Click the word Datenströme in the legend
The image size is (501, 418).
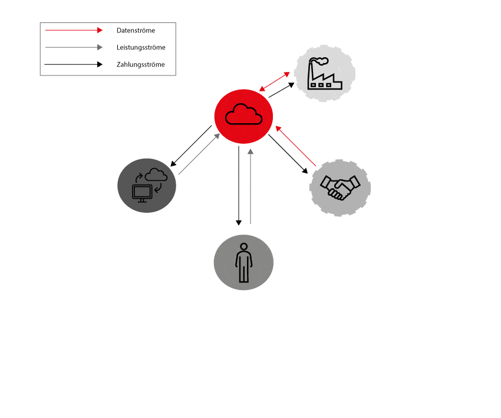(x=136, y=30)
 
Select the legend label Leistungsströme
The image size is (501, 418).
(x=141, y=47)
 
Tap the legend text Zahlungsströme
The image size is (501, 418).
(x=140, y=64)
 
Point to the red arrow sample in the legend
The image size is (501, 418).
(x=74, y=30)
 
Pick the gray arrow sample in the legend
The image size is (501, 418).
(x=74, y=47)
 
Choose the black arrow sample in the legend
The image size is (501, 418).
(x=74, y=64)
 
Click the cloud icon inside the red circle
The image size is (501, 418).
(x=243, y=114)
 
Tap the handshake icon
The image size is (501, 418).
(x=340, y=186)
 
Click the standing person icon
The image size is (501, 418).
(x=243, y=262)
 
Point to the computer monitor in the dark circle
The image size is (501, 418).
(x=142, y=192)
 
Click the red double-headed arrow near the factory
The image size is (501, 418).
(x=275, y=81)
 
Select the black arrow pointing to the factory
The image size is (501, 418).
(x=282, y=90)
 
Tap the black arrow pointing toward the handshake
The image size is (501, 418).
(x=288, y=154)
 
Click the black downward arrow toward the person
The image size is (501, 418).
(x=239, y=186)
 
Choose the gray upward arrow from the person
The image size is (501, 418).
(x=250, y=186)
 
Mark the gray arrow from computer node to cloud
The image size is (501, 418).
(x=199, y=154)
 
